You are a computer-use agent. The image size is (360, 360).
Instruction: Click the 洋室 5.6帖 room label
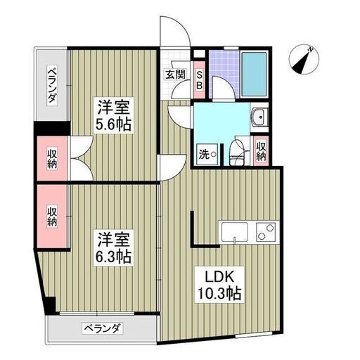[x=113, y=115]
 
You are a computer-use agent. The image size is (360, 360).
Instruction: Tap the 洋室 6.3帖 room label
[x=113, y=247]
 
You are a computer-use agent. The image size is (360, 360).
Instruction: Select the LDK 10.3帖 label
[x=219, y=285]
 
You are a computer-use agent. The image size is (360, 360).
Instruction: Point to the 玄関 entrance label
[x=176, y=75]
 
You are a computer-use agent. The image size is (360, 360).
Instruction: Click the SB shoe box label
[x=199, y=80]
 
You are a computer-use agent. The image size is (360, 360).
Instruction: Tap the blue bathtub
[x=255, y=75]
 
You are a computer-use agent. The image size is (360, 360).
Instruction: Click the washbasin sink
[x=259, y=117]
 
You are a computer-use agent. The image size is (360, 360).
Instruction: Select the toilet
[x=236, y=153]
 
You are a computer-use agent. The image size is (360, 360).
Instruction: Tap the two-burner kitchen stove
[x=266, y=231]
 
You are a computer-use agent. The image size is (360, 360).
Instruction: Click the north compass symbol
[x=304, y=59]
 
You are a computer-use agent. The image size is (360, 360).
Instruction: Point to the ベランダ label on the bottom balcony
[x=103, y=328]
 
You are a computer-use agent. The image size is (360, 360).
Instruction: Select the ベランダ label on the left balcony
[x=52, y=85]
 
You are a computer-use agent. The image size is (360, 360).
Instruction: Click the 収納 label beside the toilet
[x=261, y=151]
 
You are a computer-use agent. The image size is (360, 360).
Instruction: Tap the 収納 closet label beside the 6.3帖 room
[x=52, y=216]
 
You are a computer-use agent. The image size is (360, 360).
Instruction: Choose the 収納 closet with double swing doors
[x=52, y=159]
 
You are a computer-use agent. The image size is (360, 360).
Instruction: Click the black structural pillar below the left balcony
[x=52, y=129]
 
